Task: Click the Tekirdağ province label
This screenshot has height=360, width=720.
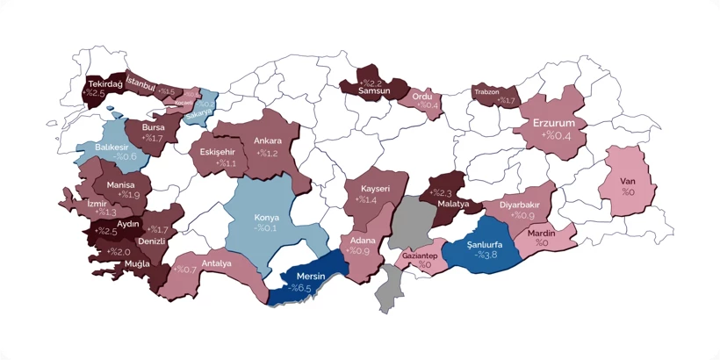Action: [x=104, y=83]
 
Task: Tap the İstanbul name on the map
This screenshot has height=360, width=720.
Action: [x=141, y=83]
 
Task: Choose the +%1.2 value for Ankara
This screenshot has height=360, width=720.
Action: [x=267, y=153]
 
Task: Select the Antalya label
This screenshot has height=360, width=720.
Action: [x=216, y=263]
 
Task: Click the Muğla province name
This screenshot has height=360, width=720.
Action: [x=136, y=263]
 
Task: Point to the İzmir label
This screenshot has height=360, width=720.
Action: [x=97, y=202]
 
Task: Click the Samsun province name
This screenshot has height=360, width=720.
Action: [x=375, y=92]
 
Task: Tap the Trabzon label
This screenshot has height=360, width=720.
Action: [x=486, y=90]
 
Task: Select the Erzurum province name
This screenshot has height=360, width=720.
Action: [x=553, y=123]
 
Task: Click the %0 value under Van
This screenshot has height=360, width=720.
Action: [x=628, y=191]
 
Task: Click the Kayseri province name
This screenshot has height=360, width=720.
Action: [x=373, y=189]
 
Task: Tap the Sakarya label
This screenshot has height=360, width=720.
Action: [x=199, y=113]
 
